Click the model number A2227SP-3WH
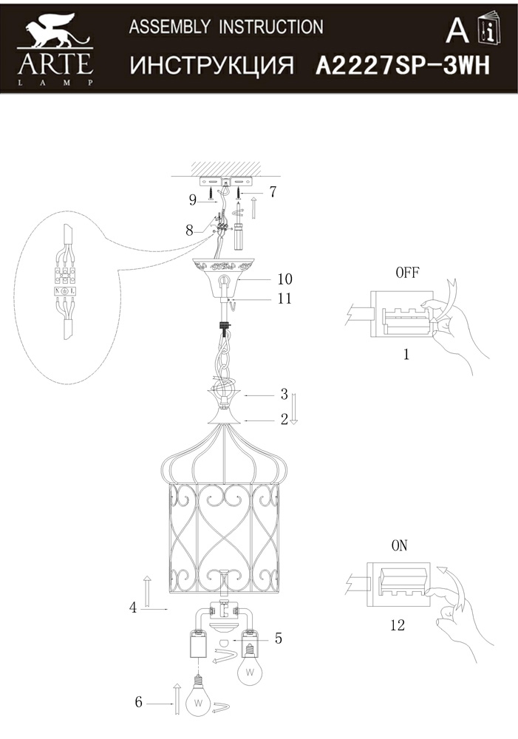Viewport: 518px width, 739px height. click(x=403, y=66)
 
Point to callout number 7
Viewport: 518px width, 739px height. click(x=273, y=192)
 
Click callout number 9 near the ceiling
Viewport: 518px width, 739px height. click(x=193, y=199)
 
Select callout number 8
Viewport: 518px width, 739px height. click(x=190, y=230)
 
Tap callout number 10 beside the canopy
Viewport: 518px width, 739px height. click(x=284, y=279)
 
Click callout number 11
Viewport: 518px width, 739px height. click(x=284, y=299)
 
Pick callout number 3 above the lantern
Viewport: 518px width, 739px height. click(x=283, y=395)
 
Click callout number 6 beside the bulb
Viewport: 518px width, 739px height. click(x=138, y=702)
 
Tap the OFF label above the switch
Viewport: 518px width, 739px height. click(x=407, y=272)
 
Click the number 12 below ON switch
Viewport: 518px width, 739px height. click(x=397, y=625)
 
